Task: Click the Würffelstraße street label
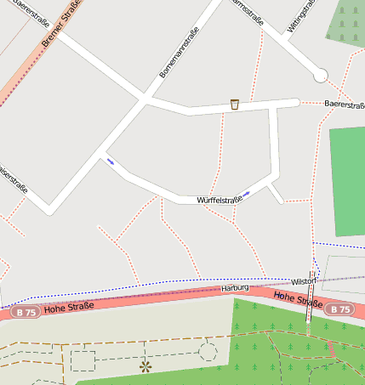[215, 200]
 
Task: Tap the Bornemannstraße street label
[180, 51]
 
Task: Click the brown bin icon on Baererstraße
[234, 105]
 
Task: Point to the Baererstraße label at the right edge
[345, 104]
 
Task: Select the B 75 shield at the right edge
[340, 309]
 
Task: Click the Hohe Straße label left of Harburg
[68, 307]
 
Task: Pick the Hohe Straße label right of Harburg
[297, 299]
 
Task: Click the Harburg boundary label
[235, 288]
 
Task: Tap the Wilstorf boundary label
[304, 280]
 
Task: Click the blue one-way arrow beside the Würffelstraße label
[245, 195]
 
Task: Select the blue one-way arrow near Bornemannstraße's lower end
[110, 161]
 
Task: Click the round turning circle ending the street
[320, 76]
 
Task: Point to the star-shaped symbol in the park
[145, 366]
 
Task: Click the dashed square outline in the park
[83, 360]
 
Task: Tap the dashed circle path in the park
[208, 350]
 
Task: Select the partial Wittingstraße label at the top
[300, 15]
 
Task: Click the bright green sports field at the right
[347, 180]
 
